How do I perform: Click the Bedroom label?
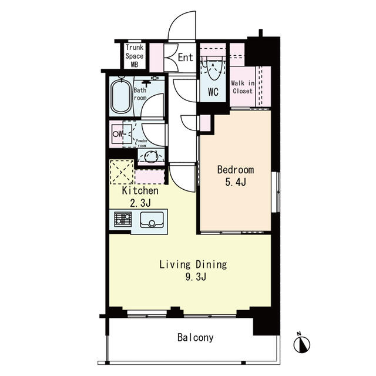[236, 170]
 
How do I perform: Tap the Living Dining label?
[193, 264]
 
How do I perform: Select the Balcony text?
[196, 338]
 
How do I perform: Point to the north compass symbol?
[301, 344]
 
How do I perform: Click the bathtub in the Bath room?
[121, 96]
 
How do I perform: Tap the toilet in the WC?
[213, 69]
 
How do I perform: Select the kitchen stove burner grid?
[123, 219]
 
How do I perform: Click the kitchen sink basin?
[152, 220]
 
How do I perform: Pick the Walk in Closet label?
[243, 87]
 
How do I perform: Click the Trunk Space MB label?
[135, 56]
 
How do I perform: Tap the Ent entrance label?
[186, 58]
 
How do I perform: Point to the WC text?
[213, 92]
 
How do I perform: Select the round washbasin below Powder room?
[152, 157]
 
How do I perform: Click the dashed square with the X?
[122, 172]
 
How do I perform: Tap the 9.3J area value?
[196, 277]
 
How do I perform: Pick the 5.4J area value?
[236, 183]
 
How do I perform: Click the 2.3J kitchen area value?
[140, 203]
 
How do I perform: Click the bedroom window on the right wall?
[276, 192]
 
